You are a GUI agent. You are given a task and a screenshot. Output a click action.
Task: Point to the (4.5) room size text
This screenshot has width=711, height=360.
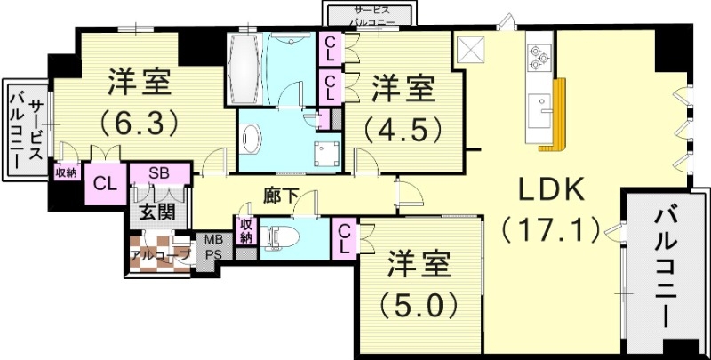402,128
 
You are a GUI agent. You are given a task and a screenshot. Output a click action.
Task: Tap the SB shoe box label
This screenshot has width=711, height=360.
160,173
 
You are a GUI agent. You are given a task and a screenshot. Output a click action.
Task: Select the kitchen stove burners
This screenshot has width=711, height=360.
538,56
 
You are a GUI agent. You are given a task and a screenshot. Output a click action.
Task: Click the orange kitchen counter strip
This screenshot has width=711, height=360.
558,112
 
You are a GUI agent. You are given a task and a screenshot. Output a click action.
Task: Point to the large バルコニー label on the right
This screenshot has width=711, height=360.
666,267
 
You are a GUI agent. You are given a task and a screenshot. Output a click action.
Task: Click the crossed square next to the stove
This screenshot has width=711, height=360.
469,46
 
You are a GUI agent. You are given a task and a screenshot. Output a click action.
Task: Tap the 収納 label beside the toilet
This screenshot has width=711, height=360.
246,231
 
